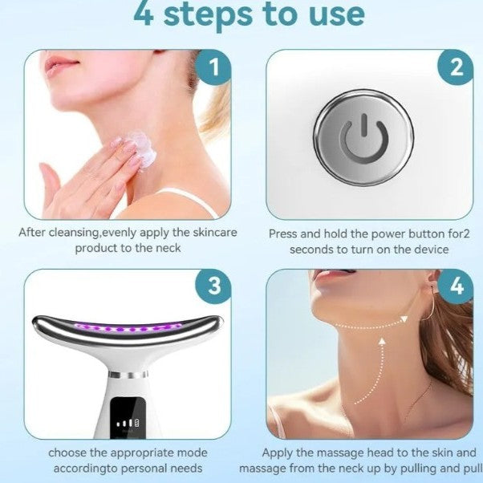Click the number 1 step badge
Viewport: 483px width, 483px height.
tap(213, 67)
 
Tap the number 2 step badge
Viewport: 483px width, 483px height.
tap(456, 67)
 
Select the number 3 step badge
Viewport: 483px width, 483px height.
tap(213, 286)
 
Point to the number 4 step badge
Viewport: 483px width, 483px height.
tap(456, 286)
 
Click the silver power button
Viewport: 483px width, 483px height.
tap(363, 138)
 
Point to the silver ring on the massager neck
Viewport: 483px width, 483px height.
tap(128, 375)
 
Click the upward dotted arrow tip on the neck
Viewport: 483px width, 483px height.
tap(382, 341)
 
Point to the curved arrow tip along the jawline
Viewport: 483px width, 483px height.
tap(404, 319)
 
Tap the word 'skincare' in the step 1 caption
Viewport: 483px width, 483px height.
tap(215, 232)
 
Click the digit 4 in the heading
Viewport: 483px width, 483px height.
tap(144, 14)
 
